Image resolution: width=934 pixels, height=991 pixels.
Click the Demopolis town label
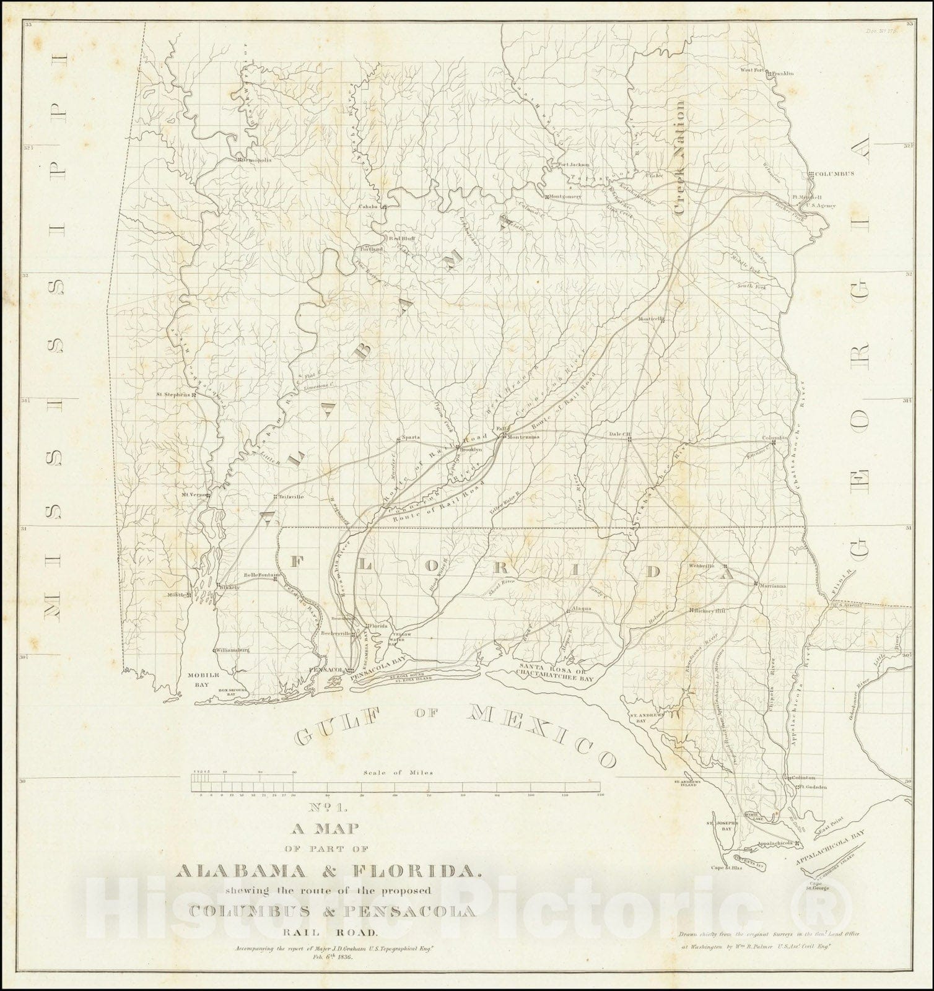256,160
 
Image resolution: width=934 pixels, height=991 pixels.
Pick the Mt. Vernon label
192,495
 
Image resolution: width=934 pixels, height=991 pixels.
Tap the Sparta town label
411,437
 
